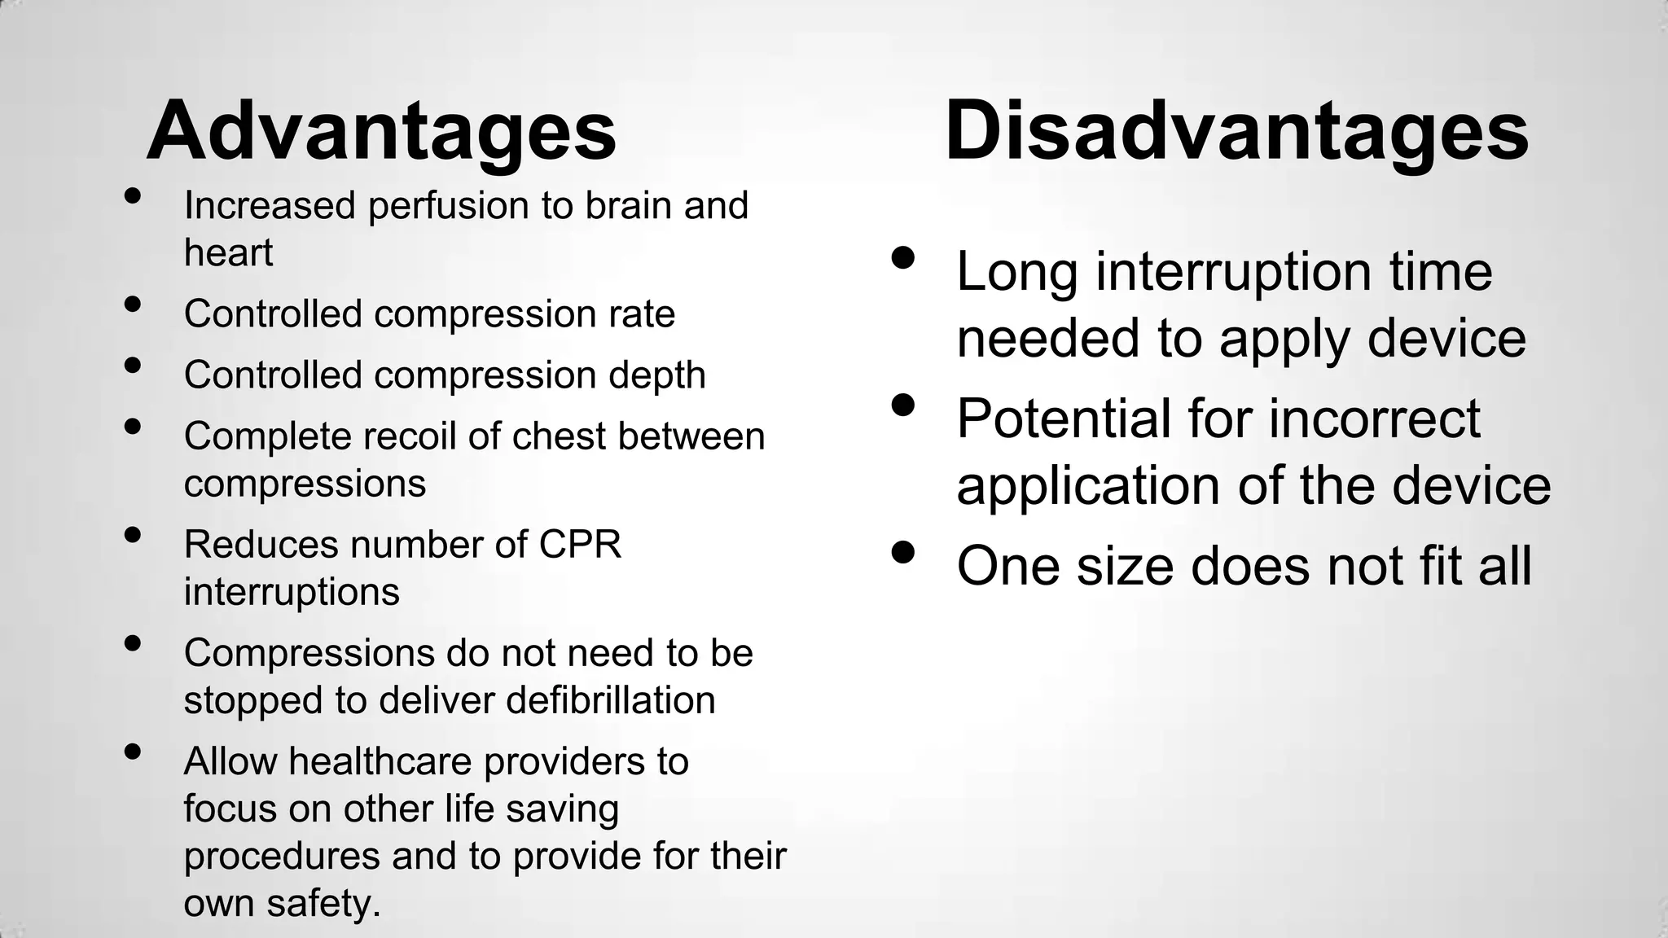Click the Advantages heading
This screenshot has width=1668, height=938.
381,131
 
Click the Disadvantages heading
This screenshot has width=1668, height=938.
1236,131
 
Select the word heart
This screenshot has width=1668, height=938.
228,252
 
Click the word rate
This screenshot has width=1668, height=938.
642,314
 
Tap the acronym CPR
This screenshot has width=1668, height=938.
580,545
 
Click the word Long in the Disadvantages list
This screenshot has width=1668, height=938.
1016,271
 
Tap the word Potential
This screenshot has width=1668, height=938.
1064,419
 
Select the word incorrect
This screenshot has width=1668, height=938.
1374,419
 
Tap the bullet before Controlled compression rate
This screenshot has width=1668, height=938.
134,305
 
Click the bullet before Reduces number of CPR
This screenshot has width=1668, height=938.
134,536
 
